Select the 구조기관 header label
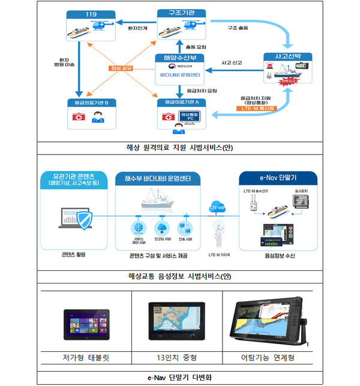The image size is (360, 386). click(x=178, y=13)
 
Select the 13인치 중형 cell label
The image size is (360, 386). click(x=177, y=358)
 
